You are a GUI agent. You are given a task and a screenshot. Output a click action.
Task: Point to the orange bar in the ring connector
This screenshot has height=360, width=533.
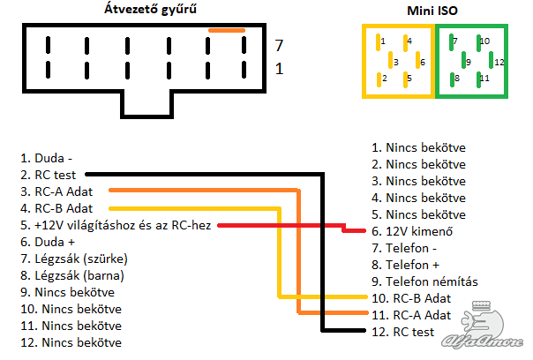(227, 31)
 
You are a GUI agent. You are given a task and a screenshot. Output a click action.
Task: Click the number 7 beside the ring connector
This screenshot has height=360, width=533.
(278, 44)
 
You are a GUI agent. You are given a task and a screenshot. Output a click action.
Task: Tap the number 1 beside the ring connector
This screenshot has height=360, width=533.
(278, 68)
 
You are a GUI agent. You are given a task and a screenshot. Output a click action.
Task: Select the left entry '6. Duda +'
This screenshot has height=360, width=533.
(50, 243)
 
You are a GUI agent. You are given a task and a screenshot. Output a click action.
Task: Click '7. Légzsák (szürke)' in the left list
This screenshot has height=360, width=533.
(75, 259)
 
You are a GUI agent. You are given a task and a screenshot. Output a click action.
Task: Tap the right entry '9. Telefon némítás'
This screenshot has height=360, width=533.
(424, 281)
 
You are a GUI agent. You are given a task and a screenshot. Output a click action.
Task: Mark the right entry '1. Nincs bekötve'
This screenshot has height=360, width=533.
(418, 147)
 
